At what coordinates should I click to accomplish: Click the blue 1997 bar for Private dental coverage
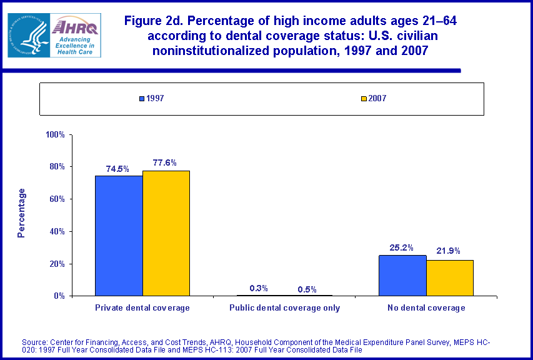point(119,236)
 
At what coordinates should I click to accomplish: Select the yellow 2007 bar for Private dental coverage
point(166,233)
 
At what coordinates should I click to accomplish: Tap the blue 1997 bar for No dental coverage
point(402,275)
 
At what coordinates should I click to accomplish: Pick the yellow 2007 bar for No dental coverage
point(450,277)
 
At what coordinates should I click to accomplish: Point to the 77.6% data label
point(165,162)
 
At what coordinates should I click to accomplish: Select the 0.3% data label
point(259,288)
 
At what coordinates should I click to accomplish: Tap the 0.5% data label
point(307,289)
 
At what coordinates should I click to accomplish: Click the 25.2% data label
point(402,247)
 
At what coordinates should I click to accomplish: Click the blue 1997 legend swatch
point(142,99)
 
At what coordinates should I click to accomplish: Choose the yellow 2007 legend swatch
point(363,99)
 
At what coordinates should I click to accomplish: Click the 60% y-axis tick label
point(58,199)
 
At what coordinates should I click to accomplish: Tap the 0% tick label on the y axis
point(61,296)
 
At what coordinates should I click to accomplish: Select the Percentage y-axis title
point(22,212)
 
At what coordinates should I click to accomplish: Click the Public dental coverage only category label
point(284,308)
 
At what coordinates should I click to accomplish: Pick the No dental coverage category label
point(427,308)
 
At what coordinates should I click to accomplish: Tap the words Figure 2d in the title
point(156,21)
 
